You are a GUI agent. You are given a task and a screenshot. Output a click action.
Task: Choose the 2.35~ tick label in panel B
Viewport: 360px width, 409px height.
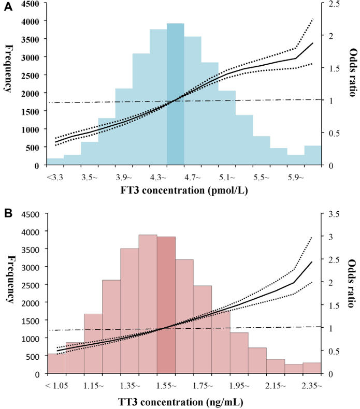[x=312, y=385]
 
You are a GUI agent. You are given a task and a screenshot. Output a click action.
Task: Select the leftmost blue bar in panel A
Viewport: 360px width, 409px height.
[x=55, y=162]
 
